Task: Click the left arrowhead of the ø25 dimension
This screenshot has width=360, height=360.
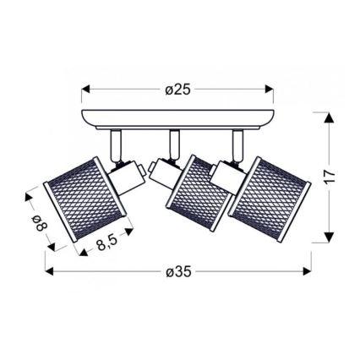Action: (85, 88)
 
